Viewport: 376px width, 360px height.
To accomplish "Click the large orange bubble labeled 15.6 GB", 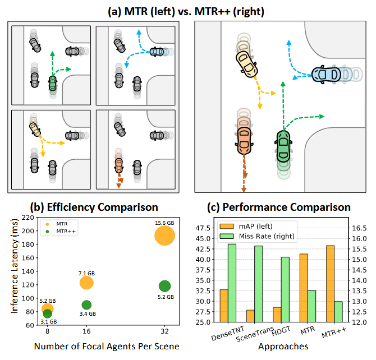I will pos(165,236).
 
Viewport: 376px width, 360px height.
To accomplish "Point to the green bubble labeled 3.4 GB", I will pos(86,305).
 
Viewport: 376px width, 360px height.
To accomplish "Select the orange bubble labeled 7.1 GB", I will pos(86,283).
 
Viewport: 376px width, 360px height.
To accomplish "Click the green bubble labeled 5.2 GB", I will pos(164,286).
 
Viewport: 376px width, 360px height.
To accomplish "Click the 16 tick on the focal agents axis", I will pos(86,332).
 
